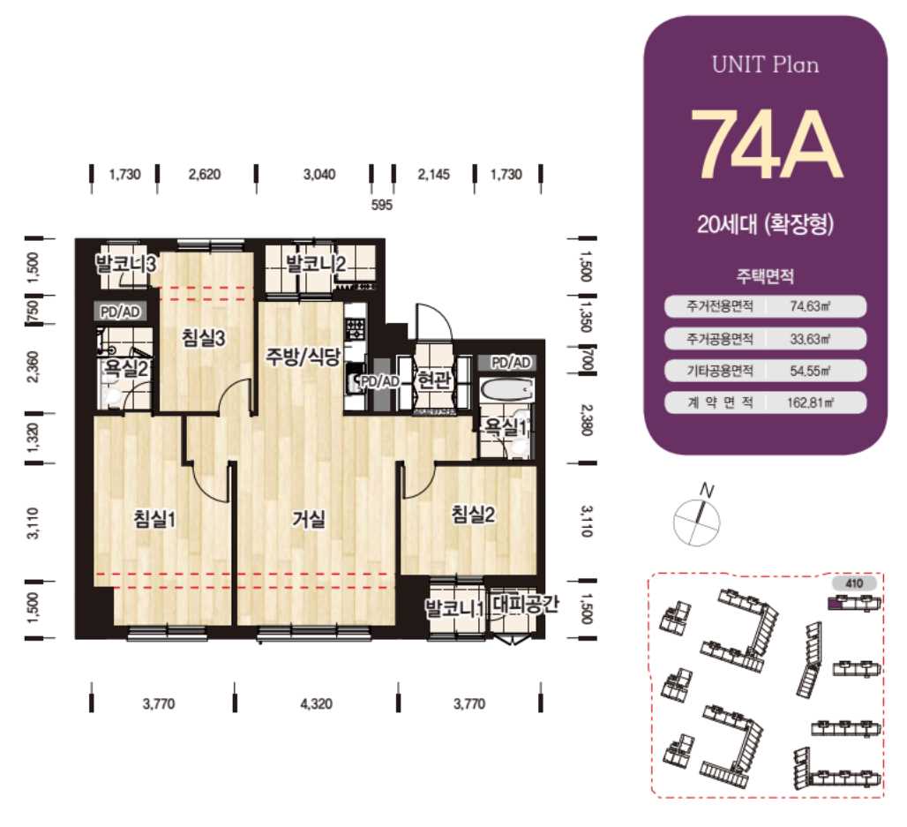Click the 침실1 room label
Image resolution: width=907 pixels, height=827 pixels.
[x=154, y=519]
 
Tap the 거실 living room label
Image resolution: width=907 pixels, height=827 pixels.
[x=308, y=519]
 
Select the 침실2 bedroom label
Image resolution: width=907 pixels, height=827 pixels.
[x=473, y=514]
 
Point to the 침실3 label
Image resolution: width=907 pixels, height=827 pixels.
[x=203, y=338]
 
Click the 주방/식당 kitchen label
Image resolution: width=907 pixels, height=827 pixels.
[x=304, y=356]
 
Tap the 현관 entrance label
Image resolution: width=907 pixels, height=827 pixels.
[x=433, y=380]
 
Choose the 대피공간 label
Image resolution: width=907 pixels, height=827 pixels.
[x=526, y=605]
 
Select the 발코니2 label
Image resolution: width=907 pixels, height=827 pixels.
[x=316, y=264]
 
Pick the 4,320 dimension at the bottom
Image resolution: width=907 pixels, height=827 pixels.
[x=317, y=703]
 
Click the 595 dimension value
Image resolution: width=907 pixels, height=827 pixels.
[x=382, y=205]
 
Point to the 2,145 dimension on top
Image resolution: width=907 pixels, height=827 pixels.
[x=434, y=174]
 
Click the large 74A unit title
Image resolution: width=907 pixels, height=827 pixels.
[x=765, y=144]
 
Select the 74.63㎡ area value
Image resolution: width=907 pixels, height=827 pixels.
[x=810, y=306]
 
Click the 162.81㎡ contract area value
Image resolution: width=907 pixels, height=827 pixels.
[x=810, y=402]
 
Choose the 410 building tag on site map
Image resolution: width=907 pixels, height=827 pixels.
[x=854, y=583]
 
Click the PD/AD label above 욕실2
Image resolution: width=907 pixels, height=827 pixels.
[x=120, y=312]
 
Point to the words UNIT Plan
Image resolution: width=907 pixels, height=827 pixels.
[x=765, y=64]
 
